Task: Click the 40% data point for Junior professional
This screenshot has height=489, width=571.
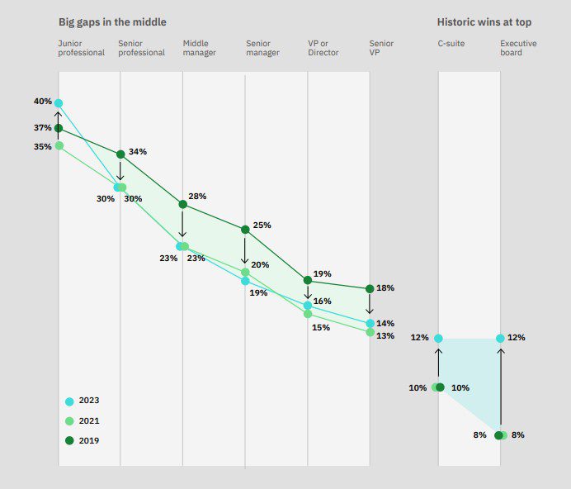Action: (59, 103)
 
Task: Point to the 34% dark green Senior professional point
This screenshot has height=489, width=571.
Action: (120, 154)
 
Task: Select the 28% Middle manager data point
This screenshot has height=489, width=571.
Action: (182, 204)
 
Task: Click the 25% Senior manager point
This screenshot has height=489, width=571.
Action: (245, 230)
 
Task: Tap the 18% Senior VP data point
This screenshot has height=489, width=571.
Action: (370, 288)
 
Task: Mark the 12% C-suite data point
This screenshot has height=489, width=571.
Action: (438, 339)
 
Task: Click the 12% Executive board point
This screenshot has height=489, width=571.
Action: (501, 339)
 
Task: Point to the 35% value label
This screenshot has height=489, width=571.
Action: (42, 146)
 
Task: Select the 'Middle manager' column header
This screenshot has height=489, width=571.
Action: (200, 48)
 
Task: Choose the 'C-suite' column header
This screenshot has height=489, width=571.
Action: (451, 43)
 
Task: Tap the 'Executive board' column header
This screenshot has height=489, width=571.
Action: (517, 48)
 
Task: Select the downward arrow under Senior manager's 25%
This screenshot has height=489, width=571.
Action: (245, 249)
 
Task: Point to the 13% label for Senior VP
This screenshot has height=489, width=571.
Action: (385, 336)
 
